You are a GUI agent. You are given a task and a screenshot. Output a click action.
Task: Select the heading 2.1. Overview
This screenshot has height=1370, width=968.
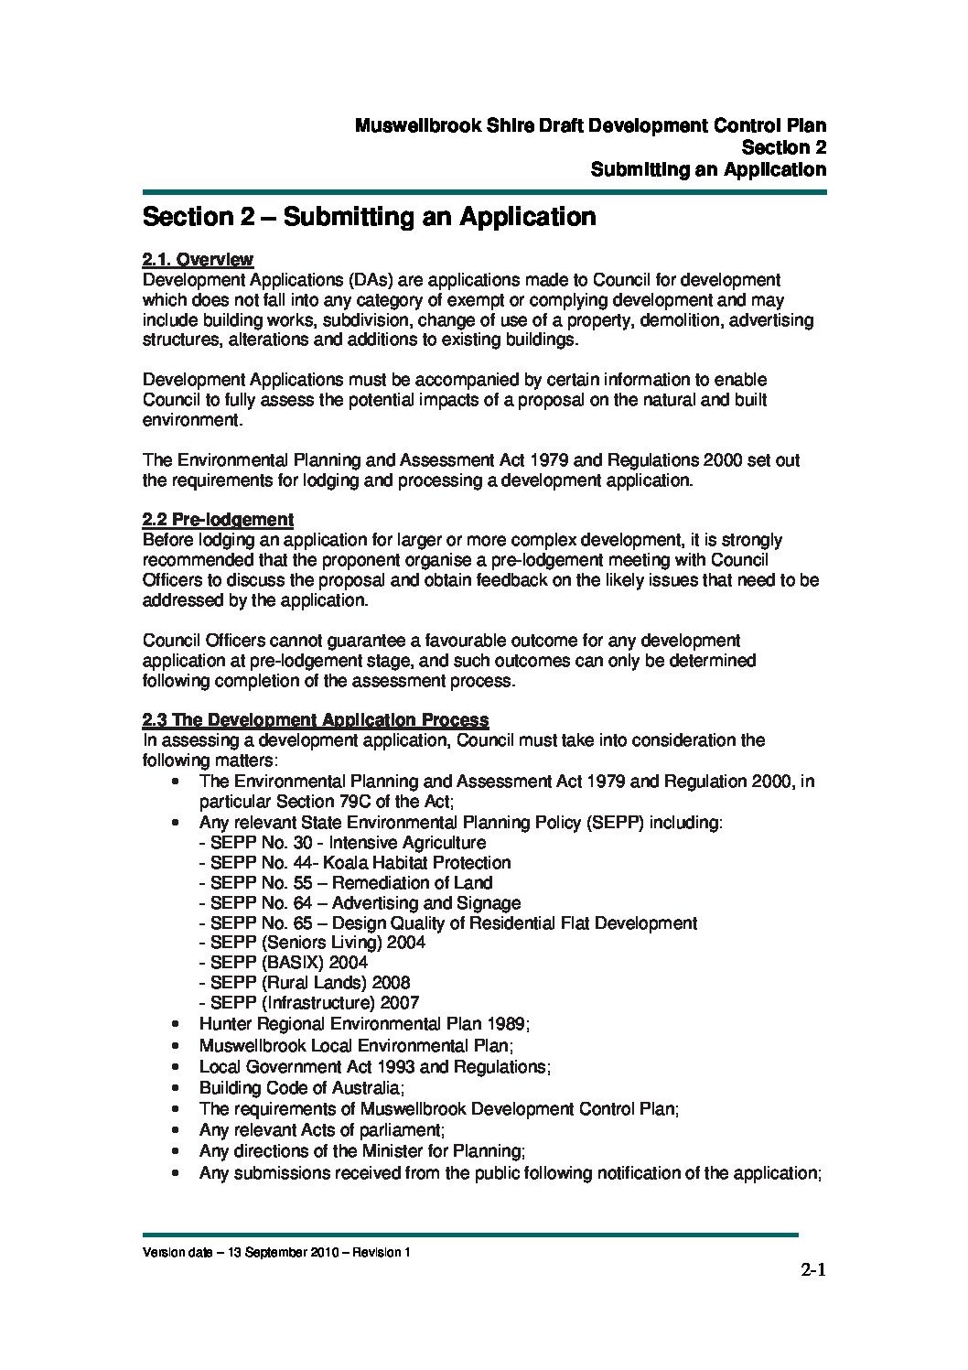click(x=198, y=260)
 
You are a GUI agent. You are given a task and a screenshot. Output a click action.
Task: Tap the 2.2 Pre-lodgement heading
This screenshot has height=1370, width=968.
click(x=218, y=520)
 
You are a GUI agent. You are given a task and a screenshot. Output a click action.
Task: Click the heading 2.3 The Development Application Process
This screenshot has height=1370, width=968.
click(x=315, y=720)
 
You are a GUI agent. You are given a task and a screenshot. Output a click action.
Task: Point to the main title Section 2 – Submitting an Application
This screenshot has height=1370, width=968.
click(x=369, y=217)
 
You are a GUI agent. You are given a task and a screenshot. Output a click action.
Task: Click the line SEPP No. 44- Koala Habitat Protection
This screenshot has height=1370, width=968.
click(x=355, y=863)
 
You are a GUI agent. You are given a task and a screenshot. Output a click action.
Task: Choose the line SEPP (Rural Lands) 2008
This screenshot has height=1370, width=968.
click(x=305, y=983)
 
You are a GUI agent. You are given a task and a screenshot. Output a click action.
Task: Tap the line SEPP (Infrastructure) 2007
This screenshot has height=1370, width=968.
click(x=309, y=1003)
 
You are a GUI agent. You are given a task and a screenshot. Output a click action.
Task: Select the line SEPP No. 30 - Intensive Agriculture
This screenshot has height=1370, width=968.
click(x=343, y=843)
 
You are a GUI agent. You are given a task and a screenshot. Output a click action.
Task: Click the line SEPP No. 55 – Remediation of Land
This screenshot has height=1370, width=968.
click(x=346, y=883)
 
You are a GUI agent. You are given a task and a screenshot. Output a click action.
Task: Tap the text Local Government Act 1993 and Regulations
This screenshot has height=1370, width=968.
click(x=374, y=1067)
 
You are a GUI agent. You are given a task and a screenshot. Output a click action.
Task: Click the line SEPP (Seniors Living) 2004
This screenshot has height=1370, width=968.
click(x=312, y=943)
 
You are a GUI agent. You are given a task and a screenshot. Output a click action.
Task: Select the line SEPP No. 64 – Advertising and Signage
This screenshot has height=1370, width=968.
click(x=360, y=903)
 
